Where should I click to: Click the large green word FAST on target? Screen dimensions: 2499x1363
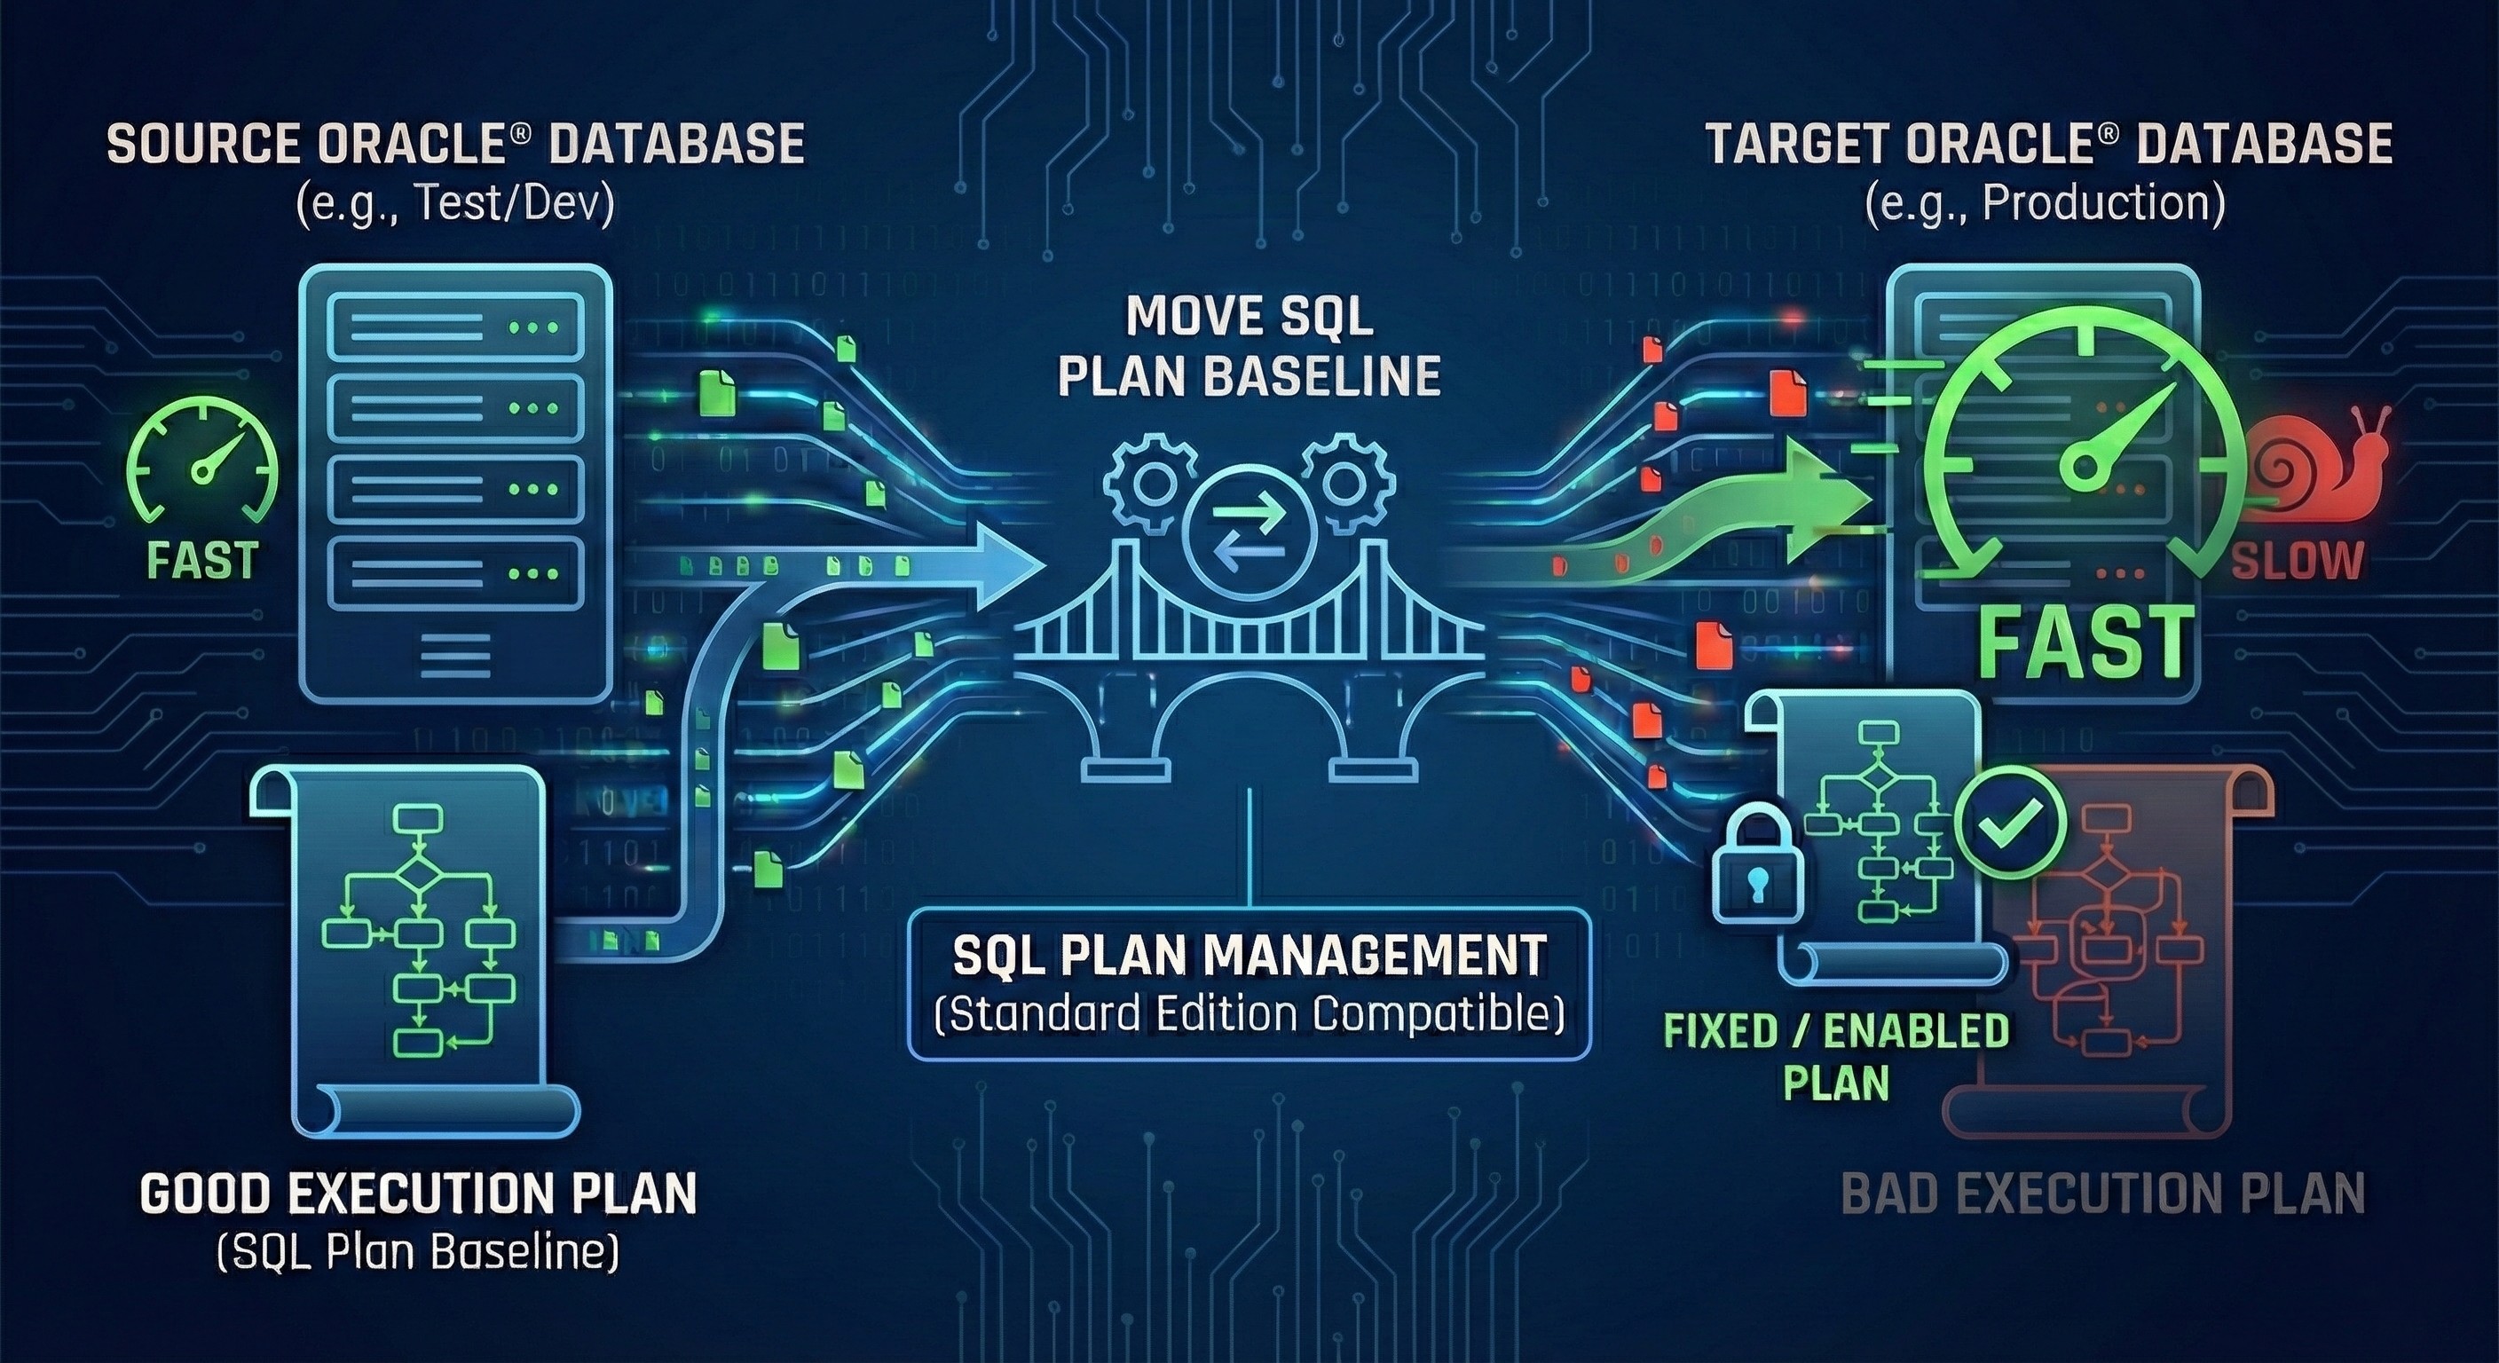pos(2085,642)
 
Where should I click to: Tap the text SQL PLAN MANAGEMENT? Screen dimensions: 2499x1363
pos(1249,956)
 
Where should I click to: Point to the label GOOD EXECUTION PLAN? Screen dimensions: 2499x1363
pos(419,1194)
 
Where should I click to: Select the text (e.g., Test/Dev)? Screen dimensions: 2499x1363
pos(456,207)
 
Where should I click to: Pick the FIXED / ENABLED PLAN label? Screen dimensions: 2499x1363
pos(1835,1055)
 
